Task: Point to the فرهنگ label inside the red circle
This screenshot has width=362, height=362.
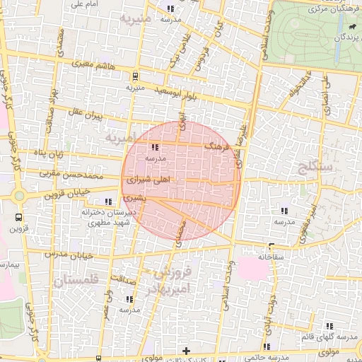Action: click(217, 146)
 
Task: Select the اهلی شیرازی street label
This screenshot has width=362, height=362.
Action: click(148, 181)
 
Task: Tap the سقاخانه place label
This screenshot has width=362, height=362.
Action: click(271, 257)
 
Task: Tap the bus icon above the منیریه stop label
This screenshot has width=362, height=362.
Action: click(134, 76)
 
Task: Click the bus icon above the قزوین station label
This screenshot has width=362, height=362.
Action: click(18, 218)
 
